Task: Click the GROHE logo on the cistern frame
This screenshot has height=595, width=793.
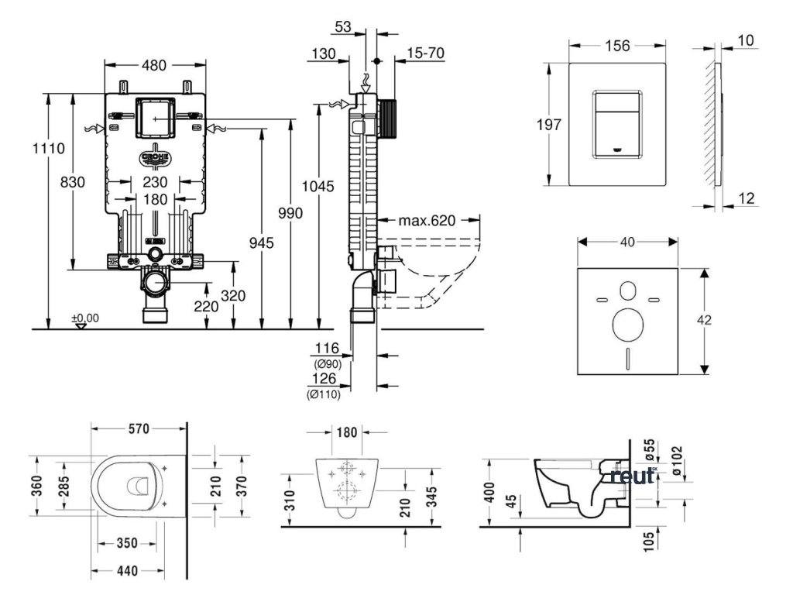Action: (155, 158)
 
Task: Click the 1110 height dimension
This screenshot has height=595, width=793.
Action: (49, 148)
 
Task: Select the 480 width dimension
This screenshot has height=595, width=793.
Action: (154, 65)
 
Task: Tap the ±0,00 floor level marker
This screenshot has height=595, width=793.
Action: (85, 318)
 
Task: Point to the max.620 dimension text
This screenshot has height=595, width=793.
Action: (427, 221)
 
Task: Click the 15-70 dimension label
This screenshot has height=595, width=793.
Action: (426, 53)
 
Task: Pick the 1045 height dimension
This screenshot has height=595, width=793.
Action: (318, 186)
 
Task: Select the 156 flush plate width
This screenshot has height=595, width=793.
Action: (617, 46)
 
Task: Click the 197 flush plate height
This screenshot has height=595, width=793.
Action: (549, 124)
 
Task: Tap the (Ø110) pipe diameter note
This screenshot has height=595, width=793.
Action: (324, 394)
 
